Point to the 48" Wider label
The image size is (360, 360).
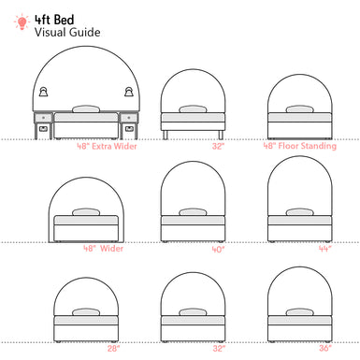tap(102, 249)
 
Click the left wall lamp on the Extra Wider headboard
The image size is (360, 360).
tap(44, 92)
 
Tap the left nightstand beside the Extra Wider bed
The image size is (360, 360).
tap(43, 123)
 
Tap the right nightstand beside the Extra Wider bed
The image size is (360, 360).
tap(129, 123)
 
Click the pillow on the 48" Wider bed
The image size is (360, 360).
tap(87, 211)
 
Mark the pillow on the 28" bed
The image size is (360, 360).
tap(87, 312)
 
